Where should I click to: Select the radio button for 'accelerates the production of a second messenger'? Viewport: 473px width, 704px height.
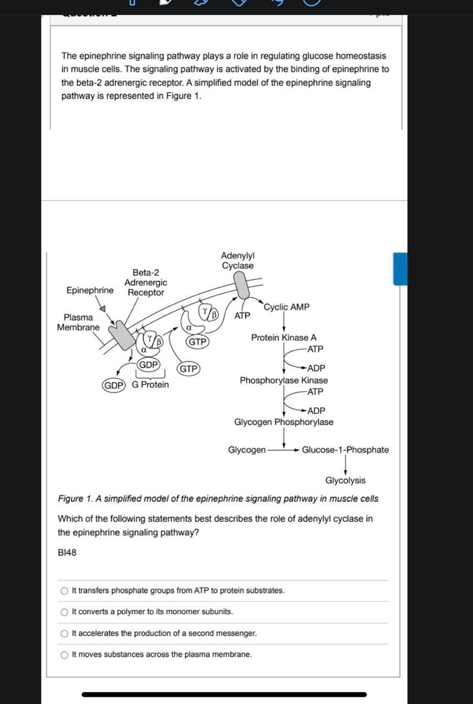(64, 634)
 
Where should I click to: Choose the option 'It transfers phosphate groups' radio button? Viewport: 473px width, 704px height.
(64, 591)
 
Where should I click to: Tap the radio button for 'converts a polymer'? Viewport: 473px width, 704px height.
(64, 612)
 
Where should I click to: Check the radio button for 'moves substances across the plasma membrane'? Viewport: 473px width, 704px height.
(64, 654)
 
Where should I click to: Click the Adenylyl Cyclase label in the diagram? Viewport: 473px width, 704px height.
(238, 261)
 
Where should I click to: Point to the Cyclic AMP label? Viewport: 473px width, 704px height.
(287, 307)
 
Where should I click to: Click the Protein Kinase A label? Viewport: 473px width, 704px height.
(284, 338)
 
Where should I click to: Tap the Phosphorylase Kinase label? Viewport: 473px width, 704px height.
(284, 380)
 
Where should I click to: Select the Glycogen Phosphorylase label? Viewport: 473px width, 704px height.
(284, 422)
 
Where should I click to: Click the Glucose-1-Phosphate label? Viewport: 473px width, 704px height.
(345, 450)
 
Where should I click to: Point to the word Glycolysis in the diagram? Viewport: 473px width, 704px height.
(345, 480)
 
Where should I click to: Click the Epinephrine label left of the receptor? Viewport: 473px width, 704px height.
(90, 290)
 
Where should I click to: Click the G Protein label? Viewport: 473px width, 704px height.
(150, 385)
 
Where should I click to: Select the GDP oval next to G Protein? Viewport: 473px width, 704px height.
(114, 385)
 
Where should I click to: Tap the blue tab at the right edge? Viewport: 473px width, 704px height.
(400, 269)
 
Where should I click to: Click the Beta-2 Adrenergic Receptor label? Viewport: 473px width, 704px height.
(146, 282)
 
